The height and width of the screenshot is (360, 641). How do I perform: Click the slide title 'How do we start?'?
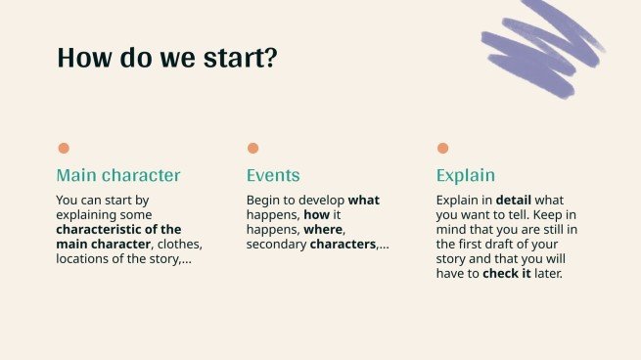coord(167,57)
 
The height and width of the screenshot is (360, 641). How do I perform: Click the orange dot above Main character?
coord(64,149)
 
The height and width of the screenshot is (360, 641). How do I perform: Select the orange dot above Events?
coord(252,149)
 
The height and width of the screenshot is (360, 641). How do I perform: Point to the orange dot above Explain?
coord(442,149)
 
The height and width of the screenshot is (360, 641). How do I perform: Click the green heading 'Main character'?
coord(118,176)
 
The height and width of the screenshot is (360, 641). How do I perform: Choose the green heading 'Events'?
coord(273,176)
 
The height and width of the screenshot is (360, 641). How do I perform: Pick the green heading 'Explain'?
coord(466,176)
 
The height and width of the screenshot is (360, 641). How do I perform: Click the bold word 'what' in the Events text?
coord(364,201)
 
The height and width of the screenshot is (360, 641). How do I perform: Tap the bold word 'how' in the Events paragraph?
coord(316,215)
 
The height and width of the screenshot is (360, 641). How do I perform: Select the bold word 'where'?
coord(323,230)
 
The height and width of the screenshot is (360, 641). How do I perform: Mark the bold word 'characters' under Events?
coord(343,245)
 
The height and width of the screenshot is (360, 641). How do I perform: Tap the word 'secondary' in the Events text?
coord(276,245)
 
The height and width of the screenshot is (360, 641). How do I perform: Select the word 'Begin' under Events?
coord(263,201)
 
